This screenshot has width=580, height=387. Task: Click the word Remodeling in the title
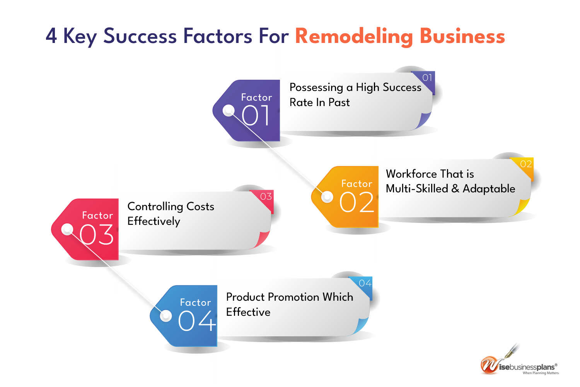tap(354, 36)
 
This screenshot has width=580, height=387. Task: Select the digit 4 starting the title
tap(51, 36)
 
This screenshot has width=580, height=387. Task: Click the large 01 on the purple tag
tap(255, 115)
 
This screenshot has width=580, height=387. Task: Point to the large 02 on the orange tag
tap(357, 202)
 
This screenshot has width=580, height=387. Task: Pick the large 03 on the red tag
tap(96, 235)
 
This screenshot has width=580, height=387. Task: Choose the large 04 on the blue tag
tap(197, 321)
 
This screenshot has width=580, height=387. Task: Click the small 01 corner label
tap(427, 77)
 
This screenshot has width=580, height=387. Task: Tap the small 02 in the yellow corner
tap(526, 164)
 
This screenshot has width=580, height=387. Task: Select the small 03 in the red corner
tap(266, 197)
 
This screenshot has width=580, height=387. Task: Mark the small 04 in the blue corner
tap(365, 283)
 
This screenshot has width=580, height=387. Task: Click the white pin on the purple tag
tap(229, 110)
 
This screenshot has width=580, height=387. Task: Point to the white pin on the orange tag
tap(327, 197)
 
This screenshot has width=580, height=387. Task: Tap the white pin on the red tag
tap(67, 229)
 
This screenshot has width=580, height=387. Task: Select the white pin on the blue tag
tap(166, 316)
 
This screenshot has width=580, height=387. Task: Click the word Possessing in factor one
tap(316, 87)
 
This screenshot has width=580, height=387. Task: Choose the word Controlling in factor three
tap(155, 207)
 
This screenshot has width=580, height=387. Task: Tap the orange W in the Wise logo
tap(489, 365)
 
